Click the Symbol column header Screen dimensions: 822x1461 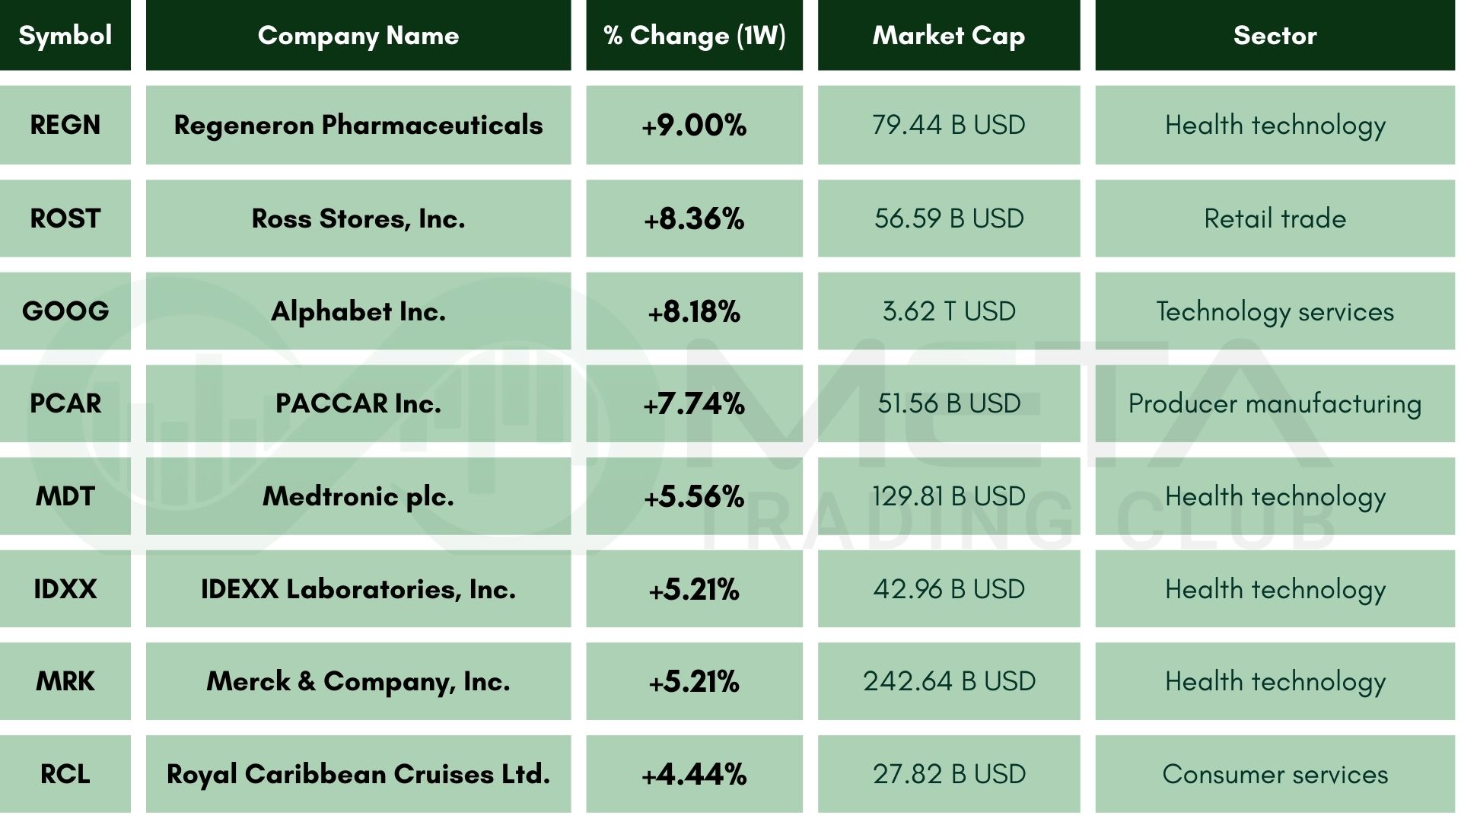tap(65, 35)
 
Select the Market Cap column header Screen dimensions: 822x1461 tap(949, 35)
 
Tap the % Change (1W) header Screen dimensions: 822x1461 tap(694, 35)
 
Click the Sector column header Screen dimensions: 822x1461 tap(1275, 35)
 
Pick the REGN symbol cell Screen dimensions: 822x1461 tap(65, 125)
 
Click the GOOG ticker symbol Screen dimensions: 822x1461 tap(65, 311)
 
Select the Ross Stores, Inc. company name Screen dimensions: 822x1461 tap(358, 218)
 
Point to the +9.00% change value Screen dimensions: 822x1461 tap(694, 125)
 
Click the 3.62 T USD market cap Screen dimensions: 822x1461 tap(949, 311)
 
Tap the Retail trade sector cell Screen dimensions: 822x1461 tap(1275, 218)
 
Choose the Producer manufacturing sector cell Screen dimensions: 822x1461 tap(1275, 403)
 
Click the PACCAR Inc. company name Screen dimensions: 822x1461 tap(358, 403)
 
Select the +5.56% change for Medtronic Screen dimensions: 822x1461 tap(694, 496)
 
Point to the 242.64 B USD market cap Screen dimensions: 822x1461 tap(949, 681)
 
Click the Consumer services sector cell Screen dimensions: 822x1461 tap(1275, 774)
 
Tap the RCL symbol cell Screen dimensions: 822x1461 tap(65, 774)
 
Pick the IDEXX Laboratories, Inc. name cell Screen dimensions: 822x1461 tap(358, 589)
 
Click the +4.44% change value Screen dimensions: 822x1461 tap(694, 774)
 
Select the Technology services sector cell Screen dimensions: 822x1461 tap(1275, 311)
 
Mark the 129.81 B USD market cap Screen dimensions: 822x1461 tap(949, 496)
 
